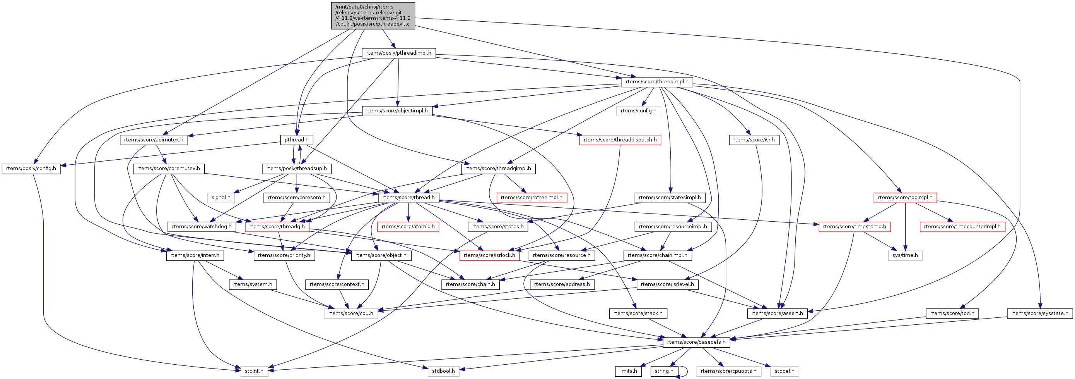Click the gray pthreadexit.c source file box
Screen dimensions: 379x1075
[373, 16]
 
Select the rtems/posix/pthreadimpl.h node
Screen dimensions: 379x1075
[398, 53]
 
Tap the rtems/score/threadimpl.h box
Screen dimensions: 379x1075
[657, 82]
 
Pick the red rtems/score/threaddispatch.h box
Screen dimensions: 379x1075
[620, 140]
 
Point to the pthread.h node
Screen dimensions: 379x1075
[296, 140]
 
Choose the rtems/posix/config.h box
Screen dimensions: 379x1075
[31, 169]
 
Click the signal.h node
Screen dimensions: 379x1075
[221, 198]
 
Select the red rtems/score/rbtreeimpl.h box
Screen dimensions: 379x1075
[531, 198]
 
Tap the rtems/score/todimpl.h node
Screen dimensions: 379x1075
[905, 198]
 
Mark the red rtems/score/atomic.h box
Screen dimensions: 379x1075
[408, 226]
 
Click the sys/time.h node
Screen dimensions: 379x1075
[905, 255]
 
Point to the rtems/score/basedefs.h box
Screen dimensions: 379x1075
[696, 342]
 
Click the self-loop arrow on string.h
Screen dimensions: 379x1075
[685, 371]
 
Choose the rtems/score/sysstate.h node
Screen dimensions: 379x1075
[1039, 314]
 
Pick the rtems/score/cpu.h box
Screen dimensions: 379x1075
[350, 314]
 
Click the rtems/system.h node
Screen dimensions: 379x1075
[253, 284]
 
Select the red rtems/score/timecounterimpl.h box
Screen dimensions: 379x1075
[962, 226]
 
